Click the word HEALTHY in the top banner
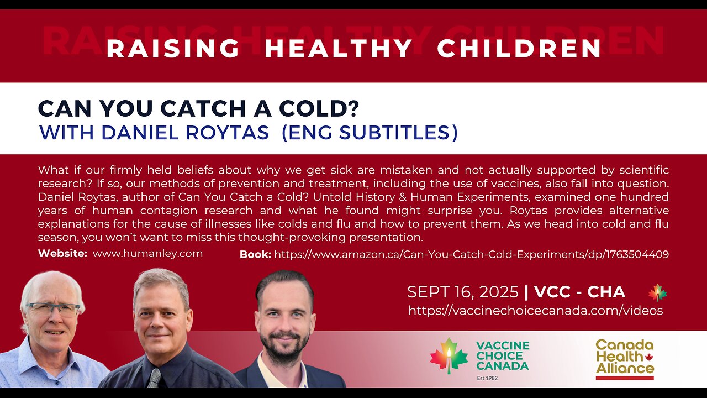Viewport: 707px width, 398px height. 339,49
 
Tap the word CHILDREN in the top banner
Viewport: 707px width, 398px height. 519,49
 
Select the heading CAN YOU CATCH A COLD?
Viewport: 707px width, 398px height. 198,108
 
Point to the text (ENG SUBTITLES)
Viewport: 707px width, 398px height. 370,133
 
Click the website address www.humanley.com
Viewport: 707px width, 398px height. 147,254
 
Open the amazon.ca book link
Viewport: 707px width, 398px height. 471,254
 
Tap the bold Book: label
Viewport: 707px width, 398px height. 255,254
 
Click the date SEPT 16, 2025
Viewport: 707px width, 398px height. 462,292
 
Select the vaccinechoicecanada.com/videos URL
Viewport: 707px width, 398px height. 535,311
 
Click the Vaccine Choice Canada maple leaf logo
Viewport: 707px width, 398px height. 449,356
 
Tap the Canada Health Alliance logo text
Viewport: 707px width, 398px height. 624,357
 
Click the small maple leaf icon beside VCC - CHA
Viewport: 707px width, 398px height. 657,292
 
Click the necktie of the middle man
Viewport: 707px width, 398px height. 154,378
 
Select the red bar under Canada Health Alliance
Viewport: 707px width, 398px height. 624,378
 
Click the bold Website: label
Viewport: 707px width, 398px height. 62,254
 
